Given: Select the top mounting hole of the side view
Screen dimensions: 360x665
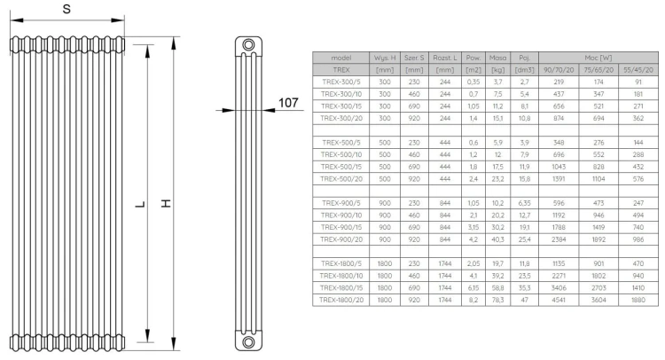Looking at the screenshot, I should click(x=249, y=45).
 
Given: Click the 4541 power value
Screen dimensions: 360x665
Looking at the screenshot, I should click(x=558, y=301).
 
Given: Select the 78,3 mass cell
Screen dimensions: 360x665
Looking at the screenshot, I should click(x=498, y=301).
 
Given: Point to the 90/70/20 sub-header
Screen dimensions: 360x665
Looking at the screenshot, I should click(x=558, y=69).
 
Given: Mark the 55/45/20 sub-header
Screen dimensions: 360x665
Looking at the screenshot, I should click(x=638, y=69).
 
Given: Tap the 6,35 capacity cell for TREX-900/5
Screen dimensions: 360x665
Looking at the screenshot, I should click(x=525, y=202).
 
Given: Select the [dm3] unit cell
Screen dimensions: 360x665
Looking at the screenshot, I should click(x=525, y=69).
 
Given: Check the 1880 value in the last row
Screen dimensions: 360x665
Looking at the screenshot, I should click(x=638, y=301).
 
